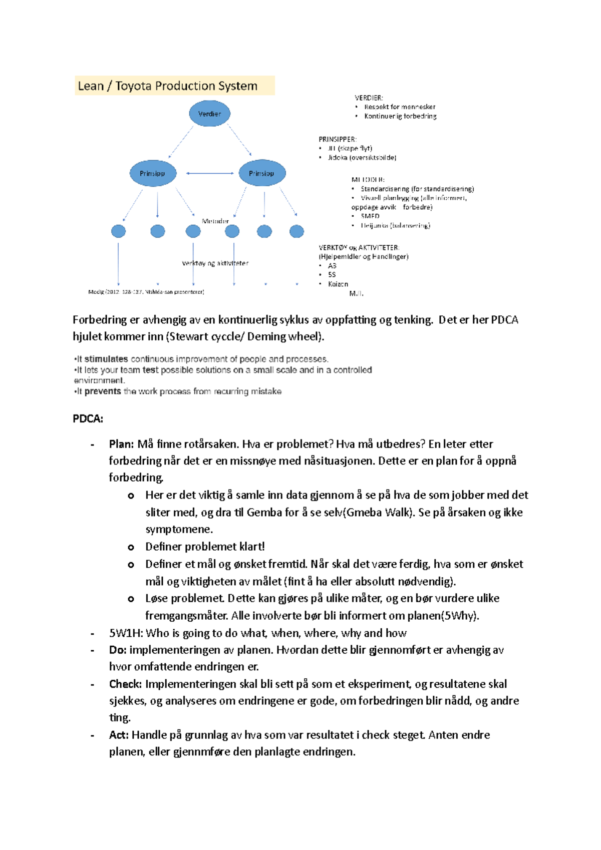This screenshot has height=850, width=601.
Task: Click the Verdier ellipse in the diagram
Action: (209, 114)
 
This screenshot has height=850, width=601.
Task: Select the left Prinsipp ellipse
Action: (152, 173)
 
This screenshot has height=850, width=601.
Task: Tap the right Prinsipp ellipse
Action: (261, 173)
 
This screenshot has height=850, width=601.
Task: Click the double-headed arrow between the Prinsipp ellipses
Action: (210, 173)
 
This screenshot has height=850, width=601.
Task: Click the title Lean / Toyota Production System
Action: (168, 86)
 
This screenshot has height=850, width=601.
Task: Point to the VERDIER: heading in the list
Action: (369, 98)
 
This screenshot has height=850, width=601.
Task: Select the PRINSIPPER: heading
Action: (338, 139)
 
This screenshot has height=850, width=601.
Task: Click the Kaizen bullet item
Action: (338, 284)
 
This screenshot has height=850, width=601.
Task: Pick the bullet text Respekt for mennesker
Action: (400, 107)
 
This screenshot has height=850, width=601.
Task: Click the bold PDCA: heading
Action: (88, 418)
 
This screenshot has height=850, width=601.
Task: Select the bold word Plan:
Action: (121, 444)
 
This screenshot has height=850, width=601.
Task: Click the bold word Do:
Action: (118, 650)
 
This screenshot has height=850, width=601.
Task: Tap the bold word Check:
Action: (125, 684)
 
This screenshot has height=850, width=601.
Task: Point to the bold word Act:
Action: (119, 735)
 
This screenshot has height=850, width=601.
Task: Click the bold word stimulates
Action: (106, 359)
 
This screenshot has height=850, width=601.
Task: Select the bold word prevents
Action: (103, 391)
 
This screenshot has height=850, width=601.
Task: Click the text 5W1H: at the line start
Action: (126, 633)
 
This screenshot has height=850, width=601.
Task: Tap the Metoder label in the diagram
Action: (215, 221)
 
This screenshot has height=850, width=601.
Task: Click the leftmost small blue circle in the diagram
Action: (118, 231)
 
